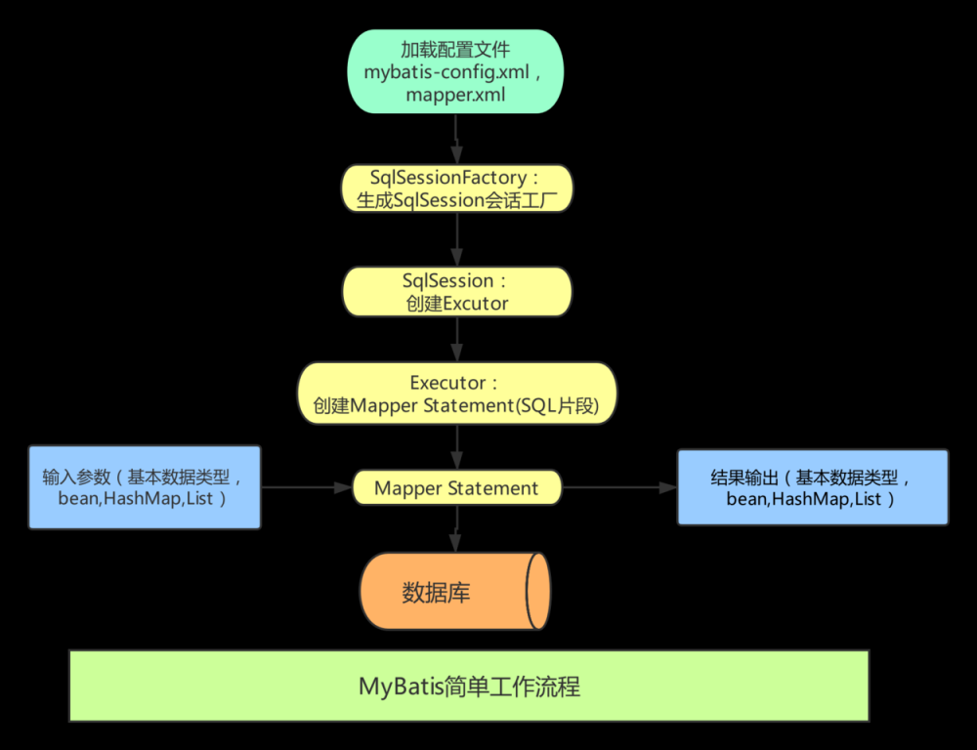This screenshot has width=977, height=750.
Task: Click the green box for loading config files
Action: point(455,71)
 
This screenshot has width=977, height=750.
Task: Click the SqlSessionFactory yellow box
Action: point(456,189)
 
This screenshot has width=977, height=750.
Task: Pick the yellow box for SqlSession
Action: point(456,291)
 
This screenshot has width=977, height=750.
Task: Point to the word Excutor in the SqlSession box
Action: point(476,304)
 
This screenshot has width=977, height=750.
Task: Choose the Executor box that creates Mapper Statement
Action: point(456,393)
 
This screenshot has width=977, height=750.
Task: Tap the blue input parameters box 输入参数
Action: point(145,487)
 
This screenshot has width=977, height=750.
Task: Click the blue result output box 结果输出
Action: point(812,487)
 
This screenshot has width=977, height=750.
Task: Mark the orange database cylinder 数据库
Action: point(454,592)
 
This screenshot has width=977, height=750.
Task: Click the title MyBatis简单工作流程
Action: point(469,687)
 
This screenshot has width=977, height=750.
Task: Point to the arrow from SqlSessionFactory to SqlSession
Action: point(456,240)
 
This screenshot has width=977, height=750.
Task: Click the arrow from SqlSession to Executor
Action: point(456,339)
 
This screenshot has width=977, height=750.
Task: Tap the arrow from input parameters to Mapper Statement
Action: point(306,487)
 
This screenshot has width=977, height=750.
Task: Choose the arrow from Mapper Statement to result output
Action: point(619,487)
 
